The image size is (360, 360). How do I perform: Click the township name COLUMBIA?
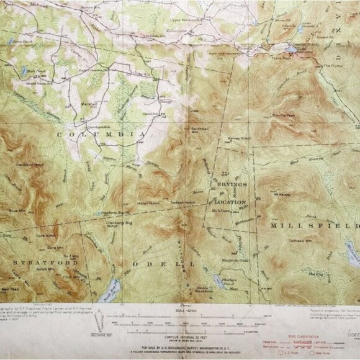coord(103,133)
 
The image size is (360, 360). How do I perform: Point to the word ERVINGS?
coord(232,185)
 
